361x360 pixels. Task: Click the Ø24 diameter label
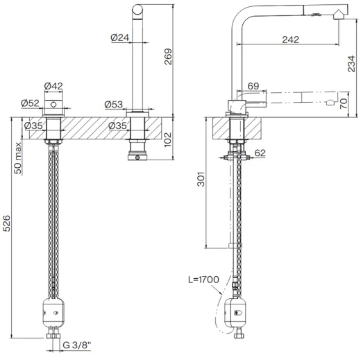pyautogui.click(x=120, y=37)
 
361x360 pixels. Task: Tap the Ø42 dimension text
pyautogui.click(x=54, y=87)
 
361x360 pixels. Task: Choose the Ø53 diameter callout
pyautogui.click(x=114, y=104)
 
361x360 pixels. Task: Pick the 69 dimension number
pyautogui.click(x=254, y=85)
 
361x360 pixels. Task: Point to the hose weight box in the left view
pyautogui.click(x=53, y=309)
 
